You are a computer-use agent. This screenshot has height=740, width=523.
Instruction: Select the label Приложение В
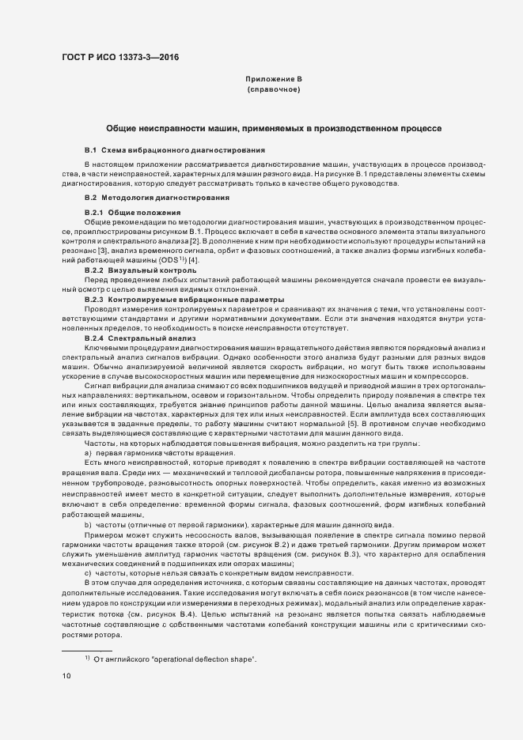[x=273, y=79]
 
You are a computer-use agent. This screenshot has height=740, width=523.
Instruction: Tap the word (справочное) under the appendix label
[x=273, y=90]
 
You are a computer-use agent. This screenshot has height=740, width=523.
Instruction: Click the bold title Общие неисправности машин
[x=273, y=128]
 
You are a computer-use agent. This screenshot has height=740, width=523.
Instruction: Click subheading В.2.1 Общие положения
[x=133, y=213]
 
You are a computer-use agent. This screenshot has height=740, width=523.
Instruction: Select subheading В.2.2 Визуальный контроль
[x=139, y=270]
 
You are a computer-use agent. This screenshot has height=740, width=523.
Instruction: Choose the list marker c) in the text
[x=88, y=573]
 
